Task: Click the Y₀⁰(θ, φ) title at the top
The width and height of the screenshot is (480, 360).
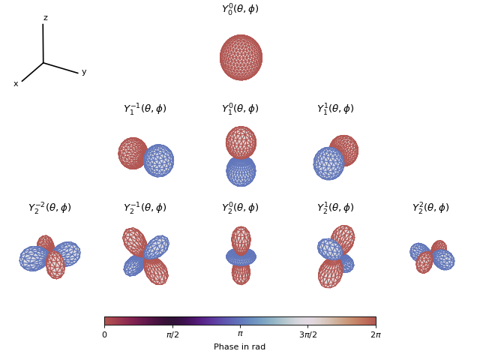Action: click(240, 10)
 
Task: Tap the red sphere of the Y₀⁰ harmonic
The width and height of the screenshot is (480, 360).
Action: click(241, 57)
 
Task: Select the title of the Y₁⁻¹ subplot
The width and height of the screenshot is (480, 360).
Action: click(145, 109)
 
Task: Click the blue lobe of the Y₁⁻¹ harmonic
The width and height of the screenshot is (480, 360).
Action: click(159, 160)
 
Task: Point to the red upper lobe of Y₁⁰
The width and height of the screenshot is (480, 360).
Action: click(241, 142)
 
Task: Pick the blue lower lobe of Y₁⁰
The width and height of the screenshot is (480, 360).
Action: click(241, 171)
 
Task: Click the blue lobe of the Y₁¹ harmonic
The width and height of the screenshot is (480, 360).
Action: click(328, 163)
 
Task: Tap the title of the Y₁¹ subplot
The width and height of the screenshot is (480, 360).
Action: click(335, 109)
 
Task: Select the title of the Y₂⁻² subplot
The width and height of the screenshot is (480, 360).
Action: click(49, 208)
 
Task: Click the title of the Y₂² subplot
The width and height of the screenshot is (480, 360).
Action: click(430, 208)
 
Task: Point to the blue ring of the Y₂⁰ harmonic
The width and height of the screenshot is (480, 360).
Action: click(241, 257)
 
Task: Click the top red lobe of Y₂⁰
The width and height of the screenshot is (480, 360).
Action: click(241, 240)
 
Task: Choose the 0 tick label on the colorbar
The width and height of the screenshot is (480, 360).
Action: click(104, 334)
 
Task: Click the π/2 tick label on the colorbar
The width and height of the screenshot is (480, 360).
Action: click(172, 334)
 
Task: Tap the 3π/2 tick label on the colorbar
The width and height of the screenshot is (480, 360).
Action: click(308, 334)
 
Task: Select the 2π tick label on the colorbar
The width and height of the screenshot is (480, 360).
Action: click(376, 334)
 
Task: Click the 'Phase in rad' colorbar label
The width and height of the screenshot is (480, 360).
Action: click(240, 347)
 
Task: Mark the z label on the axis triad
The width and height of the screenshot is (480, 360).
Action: click(45, 18)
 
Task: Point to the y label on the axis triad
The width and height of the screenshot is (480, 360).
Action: click(84, 72)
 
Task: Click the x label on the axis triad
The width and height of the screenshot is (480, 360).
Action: click(16, 84)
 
